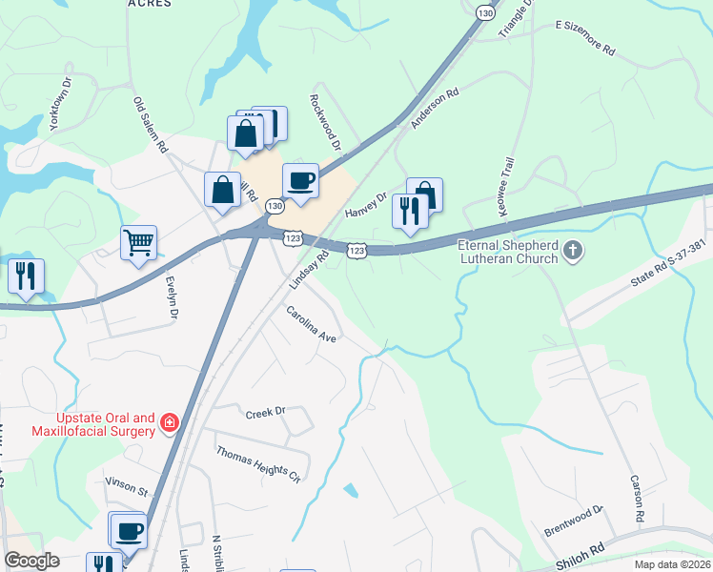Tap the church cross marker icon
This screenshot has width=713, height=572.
click(x=572, y=251)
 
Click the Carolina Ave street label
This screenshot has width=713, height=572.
click(x=313, y=325)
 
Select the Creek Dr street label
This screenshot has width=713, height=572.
click(x=266, y=413)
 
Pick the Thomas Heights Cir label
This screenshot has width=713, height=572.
click(x=257, y=464)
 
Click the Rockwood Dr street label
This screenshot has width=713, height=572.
click(x=325, y=122)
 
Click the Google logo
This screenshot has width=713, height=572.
click(x=31, y=561)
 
